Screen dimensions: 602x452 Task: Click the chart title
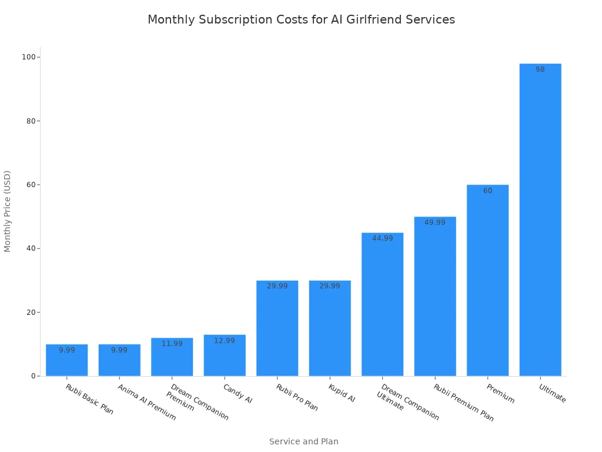click(x=301, y=19)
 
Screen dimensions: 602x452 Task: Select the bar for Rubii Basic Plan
click(x=67, y=360)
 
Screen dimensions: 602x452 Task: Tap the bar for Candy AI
click(x=225, y=355)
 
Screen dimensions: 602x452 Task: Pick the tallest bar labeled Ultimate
click(x=540, y=220)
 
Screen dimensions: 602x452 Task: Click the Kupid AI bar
click(x=330, y=328)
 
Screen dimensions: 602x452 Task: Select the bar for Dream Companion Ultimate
click(x=382, y=304)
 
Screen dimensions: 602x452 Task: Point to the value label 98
click(x=540, y=69)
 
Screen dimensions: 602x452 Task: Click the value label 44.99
click(x=382, y=238)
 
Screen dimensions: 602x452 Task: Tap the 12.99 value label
click(x=225, y=341)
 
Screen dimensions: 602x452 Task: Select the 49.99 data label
click(x=435, y=222)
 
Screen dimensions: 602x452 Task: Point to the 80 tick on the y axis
click(x=31, y=121)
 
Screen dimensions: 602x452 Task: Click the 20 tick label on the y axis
click(x=31, y=313)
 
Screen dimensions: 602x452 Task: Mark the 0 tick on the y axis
click(x=34, y=376)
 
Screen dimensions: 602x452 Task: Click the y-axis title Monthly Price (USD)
click(x=7, y=211)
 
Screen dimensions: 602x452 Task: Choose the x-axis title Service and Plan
click(x=304, y=441)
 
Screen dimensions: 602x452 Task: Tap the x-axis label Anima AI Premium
click(x=146, y=402)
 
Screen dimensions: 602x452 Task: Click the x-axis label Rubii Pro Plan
click(x=297, y=397)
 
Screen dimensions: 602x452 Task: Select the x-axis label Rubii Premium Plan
click(x=463, y=403)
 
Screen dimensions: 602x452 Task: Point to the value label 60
click(x=487, y=191)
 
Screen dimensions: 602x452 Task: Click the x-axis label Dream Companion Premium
click(x=198, y=402)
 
